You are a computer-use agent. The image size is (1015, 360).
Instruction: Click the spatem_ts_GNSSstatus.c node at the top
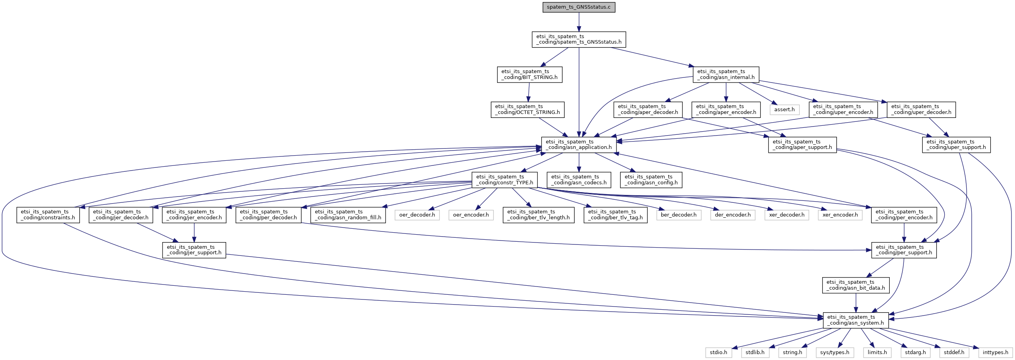tap(578, 7)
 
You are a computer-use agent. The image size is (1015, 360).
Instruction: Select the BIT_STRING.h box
tap(529, 75)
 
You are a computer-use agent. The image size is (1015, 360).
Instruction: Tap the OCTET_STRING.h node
tap(527, 109)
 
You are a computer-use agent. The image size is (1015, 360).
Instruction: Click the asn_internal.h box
tap(726, 75)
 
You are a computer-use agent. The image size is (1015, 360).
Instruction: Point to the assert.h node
tap(784, 109)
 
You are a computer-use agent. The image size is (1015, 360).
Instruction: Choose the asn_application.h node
tap(578, 144)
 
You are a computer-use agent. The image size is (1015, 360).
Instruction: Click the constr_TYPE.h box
tap(504, 180)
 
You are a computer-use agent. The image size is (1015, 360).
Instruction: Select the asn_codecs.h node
tap(579, 180)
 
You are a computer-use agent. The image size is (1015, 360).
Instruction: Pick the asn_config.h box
tap(651, 180)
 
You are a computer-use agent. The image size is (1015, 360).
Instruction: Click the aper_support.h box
tap(802, 144)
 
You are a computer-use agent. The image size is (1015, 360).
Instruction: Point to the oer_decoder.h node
tap(417, 215)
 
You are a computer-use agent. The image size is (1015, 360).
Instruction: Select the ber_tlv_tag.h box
tap(615, 215)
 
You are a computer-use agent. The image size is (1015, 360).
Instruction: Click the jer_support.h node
tap(194, 250)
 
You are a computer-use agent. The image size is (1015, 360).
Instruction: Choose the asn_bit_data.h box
tap(856, 285)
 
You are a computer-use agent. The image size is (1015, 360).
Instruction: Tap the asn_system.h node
tap(856, 320)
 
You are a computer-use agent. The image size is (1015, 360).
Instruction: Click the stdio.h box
tap(718, 352)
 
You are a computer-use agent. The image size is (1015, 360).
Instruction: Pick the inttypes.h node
tap(995, 352)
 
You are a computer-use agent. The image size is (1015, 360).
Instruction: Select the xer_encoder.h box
tap(840, 215)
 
